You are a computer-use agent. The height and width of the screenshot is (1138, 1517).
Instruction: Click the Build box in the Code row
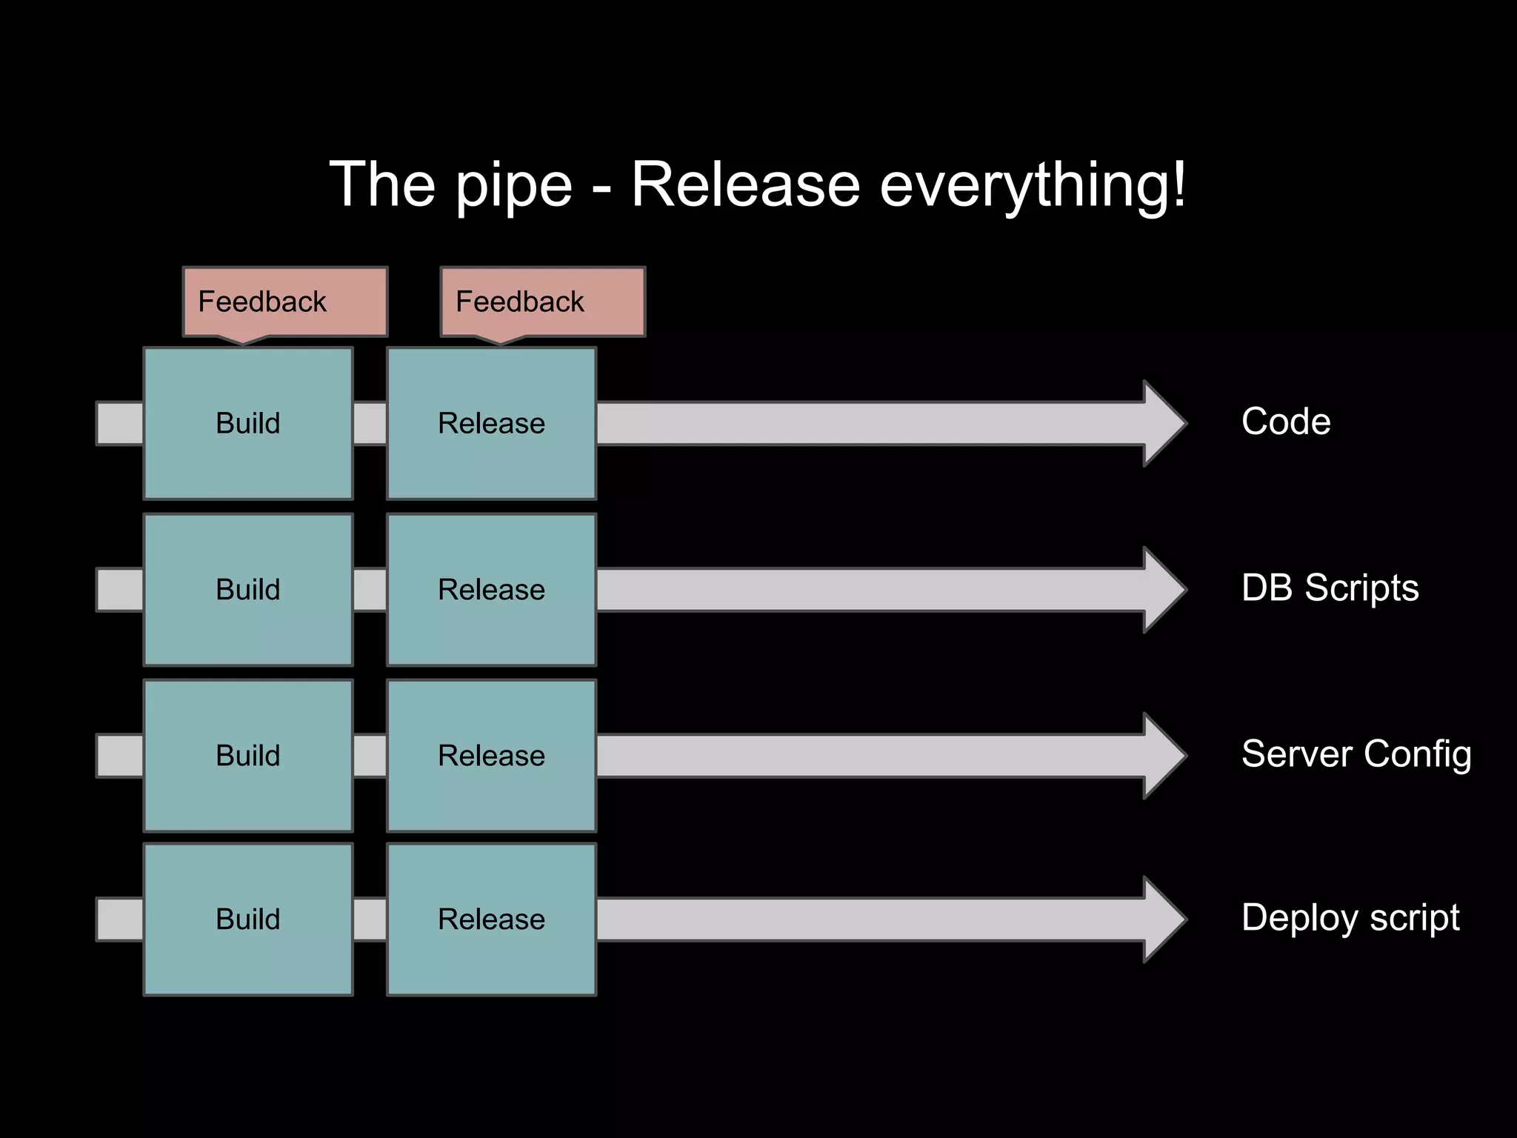(247, 423)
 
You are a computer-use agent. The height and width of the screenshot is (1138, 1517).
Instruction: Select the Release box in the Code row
(491, 423)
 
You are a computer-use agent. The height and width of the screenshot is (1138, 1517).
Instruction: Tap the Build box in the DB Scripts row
(247, 590)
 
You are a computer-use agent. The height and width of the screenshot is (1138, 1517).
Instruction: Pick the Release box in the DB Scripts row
(491, 590)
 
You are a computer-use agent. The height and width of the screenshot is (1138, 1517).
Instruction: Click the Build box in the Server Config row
(247, 756)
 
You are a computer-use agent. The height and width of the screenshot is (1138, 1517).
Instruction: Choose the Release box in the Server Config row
(491, 756)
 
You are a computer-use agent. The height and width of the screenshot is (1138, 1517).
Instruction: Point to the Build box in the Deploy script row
(247, 919)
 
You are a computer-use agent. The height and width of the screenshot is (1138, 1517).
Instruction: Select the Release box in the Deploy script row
(491, 919)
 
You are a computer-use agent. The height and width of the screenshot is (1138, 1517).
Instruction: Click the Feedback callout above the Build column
(284, 302)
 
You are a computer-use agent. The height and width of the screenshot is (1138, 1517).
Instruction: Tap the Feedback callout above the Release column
(542, 302)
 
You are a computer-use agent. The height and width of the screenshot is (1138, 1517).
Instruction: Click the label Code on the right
(1286, 422)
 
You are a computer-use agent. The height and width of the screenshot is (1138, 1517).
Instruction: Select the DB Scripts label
(1330, 588)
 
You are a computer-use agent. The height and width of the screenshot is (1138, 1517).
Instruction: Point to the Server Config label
(1356, 754)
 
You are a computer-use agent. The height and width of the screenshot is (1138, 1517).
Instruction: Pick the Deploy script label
(1350, 918)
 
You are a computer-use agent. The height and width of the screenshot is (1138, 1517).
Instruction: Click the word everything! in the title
(1033, 185)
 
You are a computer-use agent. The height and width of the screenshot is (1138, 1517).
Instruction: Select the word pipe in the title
(513, 185)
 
